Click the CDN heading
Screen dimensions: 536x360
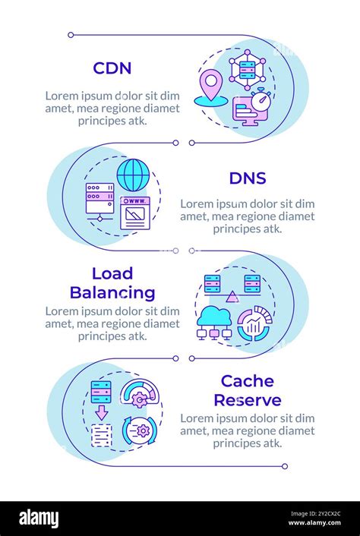pyautogui.click(x=112, y=68)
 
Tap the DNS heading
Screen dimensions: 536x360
pyautogui.click(x=247, y=178)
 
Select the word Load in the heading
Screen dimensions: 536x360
pyautogui.click(x=112, y=273)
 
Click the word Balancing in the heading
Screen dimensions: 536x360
pyautogui.click(x=112, y=292)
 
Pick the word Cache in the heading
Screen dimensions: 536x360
pyautogui.click(x=247, y=381)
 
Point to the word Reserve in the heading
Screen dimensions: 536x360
pyautogui.click(x=247, y=400)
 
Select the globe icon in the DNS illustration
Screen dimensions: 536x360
pyautogui.click(x=133, y=175)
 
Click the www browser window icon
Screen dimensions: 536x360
pyautogui.click(x=135, y=213)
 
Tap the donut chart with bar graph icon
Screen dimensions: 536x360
pyautogui.click(x=254, y=323)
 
